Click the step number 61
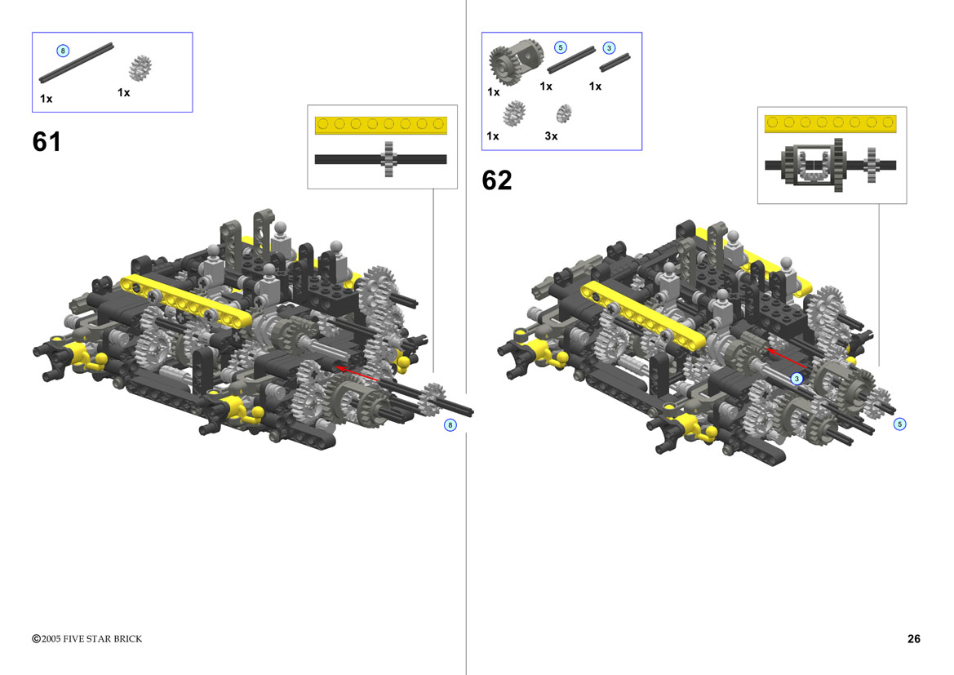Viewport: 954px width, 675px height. click(x=47, y=142)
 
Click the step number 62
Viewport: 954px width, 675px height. click(x=496, y=180)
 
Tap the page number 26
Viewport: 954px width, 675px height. click(x=913, y=638)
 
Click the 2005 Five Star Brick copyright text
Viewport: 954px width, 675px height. click(x=87, y=638)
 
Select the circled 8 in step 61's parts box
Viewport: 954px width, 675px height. click(x=63, y=51)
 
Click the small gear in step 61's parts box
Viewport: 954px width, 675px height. click(x=140, y=68)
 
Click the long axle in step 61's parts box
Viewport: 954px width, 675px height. click(x=76, y=63)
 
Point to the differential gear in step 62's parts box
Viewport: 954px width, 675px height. click(x=515, y=61)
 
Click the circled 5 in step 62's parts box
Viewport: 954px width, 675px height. click(x=561, y=47)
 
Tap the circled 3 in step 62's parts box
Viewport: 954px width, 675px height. click(x=609, y=48)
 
